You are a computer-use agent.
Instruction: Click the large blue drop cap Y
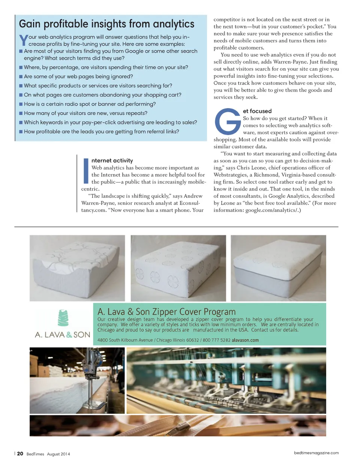23,40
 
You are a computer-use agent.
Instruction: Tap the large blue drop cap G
227,122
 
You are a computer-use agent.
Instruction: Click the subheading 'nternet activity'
112,161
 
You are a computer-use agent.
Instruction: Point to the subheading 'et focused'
257,111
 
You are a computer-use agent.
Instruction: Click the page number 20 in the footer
20,454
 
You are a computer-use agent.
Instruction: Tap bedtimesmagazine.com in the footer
316,453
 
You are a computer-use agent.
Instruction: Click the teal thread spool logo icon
63,318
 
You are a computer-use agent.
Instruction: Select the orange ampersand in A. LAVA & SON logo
69,335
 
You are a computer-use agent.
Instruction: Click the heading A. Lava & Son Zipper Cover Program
166,312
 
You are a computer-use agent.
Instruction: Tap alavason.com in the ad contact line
245,340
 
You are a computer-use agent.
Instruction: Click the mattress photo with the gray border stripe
278,268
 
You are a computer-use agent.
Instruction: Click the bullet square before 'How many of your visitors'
21,113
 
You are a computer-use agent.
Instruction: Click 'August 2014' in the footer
58,454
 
